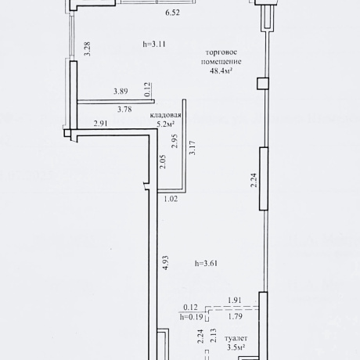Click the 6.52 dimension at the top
tap(172, 13)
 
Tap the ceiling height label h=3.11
tap(154, 44)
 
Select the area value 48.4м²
tap(221, 70)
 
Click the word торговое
tap(221, 52)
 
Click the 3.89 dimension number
tap(121, 92)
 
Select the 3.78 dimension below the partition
tap(124, 109)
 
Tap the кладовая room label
tap(166, 115)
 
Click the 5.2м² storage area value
tap(166, 124)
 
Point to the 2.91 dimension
tap(100, 124)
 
